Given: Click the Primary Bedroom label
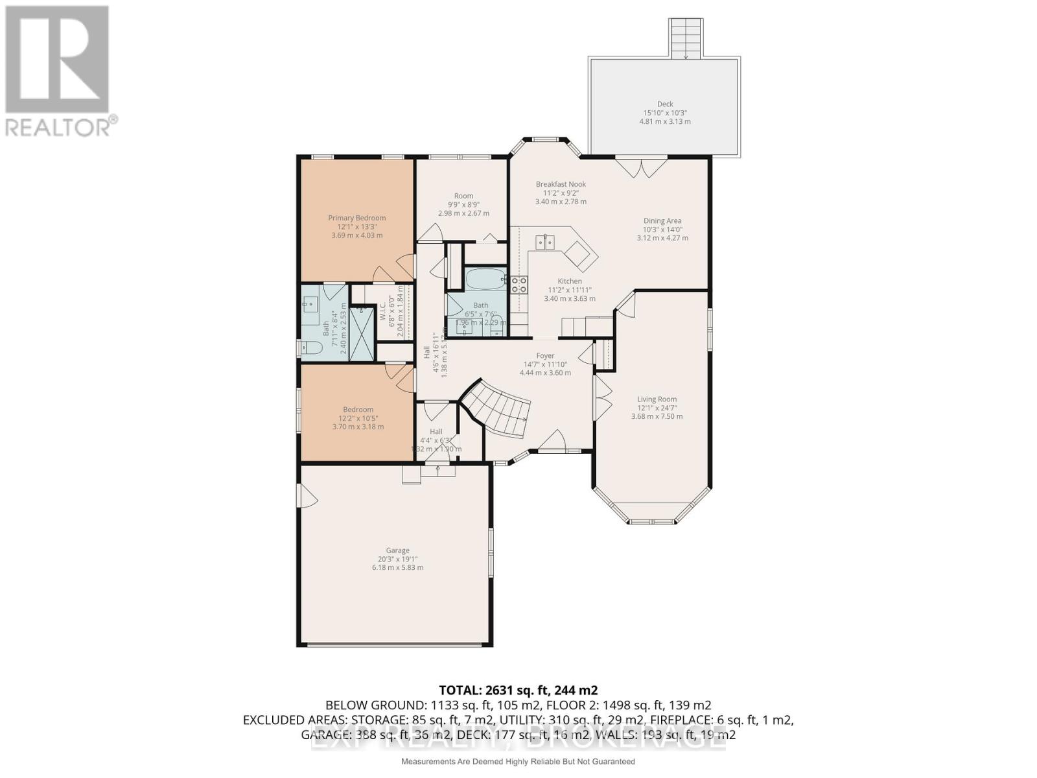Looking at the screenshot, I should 356,218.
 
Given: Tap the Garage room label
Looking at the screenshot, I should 398,550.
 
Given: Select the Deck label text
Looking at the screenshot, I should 665,104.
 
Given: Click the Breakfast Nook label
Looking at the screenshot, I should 561,184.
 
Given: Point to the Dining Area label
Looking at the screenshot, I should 662,220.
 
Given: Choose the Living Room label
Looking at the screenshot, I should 657,399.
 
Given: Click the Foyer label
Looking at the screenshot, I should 545,355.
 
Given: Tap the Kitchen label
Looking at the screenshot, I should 570,281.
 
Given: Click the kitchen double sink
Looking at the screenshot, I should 545,242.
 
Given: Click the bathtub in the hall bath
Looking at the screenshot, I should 485,280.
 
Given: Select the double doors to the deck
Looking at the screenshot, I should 641,167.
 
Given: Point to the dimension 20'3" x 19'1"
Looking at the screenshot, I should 398,559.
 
